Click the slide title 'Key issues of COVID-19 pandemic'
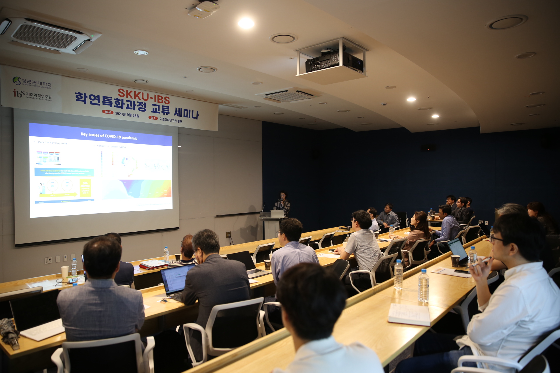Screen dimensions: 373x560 click(109, 136)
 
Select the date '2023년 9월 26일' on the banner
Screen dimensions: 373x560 click(127, 115)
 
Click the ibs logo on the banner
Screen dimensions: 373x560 click(19, 93)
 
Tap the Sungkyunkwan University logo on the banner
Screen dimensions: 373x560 click(17, 80)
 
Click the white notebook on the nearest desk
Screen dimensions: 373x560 click(409, 314)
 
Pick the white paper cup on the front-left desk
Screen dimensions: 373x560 click(65, 272)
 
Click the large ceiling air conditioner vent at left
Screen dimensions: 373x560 click(47, 36)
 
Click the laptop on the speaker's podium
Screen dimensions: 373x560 click(277, 214)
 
